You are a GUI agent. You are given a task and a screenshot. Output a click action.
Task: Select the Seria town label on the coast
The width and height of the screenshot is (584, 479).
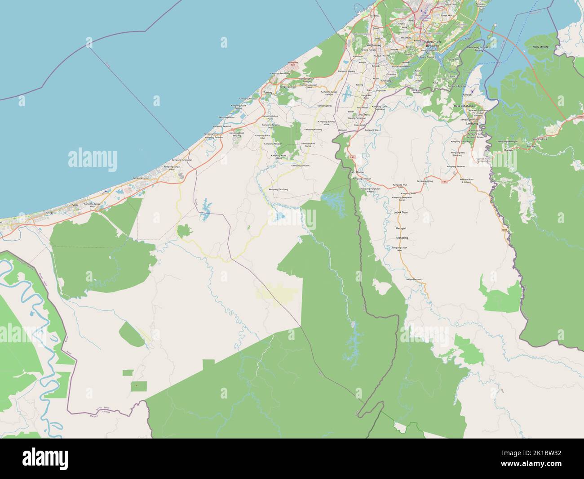pyautogui.click(x=75, y=204)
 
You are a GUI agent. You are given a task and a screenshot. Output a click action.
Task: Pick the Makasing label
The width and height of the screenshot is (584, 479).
pyautogui.click(x=402, y=237)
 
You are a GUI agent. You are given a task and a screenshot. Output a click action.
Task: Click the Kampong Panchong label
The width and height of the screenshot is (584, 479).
pyautogui.click(x=278, y=189)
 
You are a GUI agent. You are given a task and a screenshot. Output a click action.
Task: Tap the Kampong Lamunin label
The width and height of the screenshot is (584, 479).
pyautogui.click(x=301, y=166)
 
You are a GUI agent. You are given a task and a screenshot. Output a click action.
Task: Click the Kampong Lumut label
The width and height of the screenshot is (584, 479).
pyautogui.click(x=141, y=179)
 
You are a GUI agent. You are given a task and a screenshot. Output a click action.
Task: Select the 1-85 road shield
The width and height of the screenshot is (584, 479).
pyautogui.click(x=444, y=181)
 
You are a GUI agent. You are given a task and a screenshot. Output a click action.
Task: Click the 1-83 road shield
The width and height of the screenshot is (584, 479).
pyautogui.click(x=352, y=157)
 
